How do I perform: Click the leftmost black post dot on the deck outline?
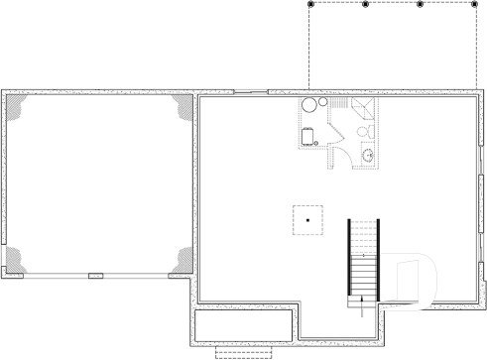coord(310,5)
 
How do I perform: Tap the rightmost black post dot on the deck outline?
coord(473,5)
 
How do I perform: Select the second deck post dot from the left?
coord(365,5)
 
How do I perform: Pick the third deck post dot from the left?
coord(420,5)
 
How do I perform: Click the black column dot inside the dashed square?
coord(308,219)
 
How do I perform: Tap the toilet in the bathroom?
coord(363,131)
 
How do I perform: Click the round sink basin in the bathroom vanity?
coord(368,155)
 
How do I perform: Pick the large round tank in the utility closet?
coord(309,106)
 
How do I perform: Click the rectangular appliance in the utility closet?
coord(308,136)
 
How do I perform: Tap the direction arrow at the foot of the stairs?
coord(363,302)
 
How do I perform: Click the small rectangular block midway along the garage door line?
coord(96,275)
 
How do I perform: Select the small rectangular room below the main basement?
coord(243,325)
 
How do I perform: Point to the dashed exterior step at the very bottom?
coord(242,352)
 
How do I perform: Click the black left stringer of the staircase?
coord(348,256)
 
